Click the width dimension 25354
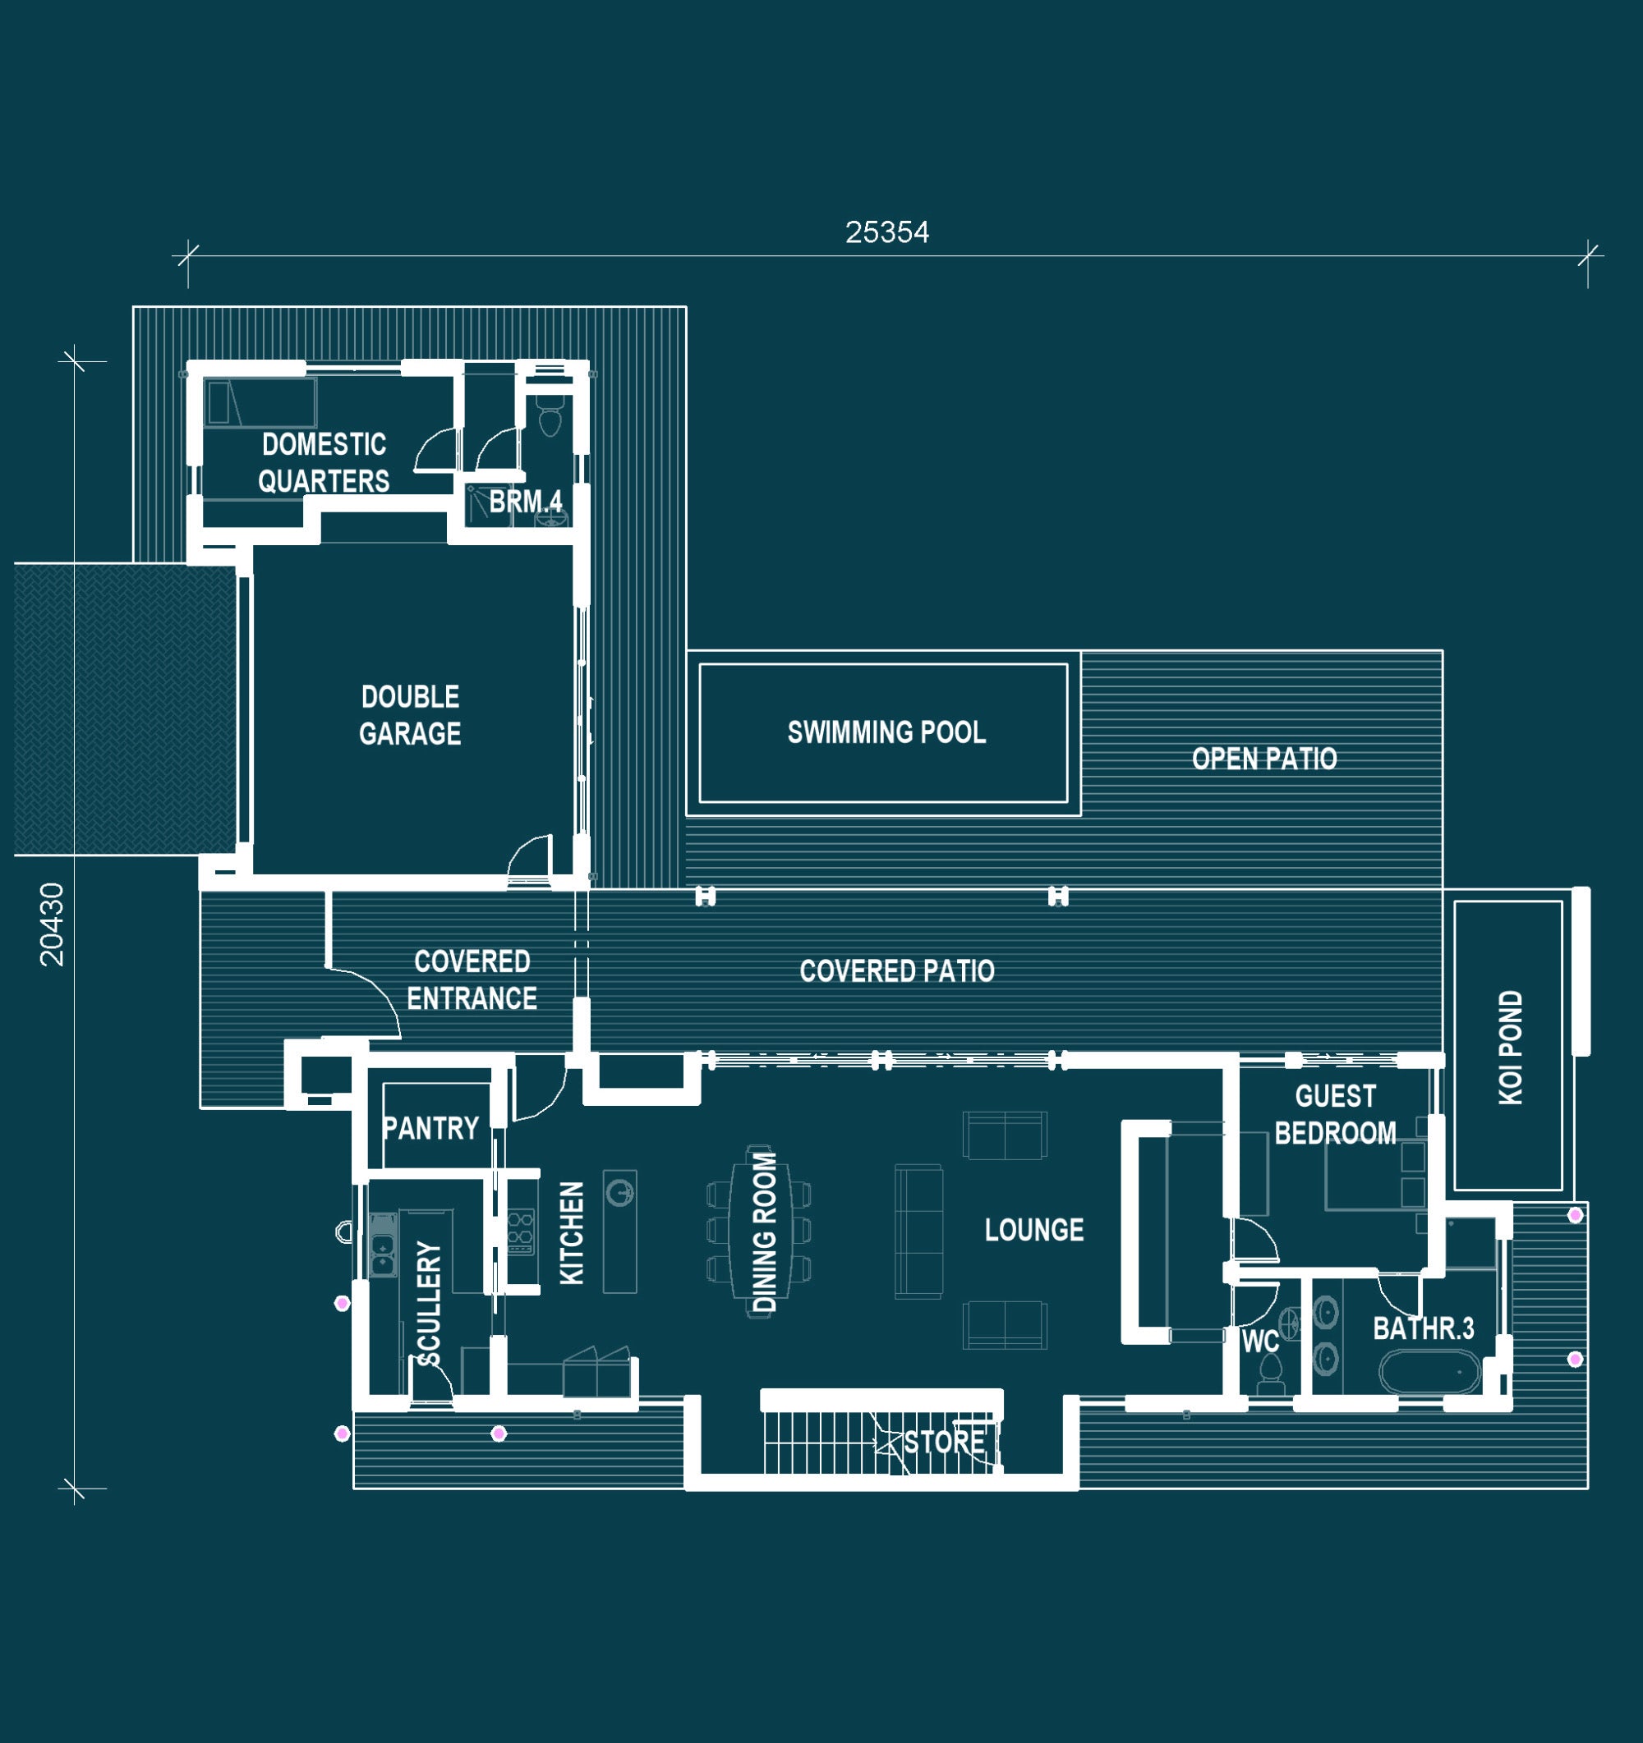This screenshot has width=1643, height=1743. tap(887, 232)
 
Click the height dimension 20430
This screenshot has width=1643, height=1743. tap(53, 924)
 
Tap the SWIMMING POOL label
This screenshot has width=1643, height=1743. tap(886, 732)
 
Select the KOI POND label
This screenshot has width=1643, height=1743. tap(1511, 1047)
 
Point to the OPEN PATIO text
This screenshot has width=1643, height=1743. tap(1264, 759)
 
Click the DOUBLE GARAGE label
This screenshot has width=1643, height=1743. tap(410, 714)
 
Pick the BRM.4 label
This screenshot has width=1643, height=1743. tap(526, 502)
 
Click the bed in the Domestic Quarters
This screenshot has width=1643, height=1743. tap(260, 402)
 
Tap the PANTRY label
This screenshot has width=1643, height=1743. tap(430, 1127)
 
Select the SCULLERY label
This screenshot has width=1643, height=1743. tap(429, 1304)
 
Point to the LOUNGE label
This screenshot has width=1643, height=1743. tap(1034, 1229)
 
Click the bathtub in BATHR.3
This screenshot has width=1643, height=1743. tap(1430, 1372)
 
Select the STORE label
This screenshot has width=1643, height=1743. tap(944, 1442)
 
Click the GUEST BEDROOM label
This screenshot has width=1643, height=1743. tap(1335, 1114)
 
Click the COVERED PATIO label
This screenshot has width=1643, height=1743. tap(896, 970)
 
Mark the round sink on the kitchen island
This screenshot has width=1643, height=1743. tap(620, 1193)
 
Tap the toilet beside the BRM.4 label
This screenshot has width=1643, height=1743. tap(550, 418)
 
